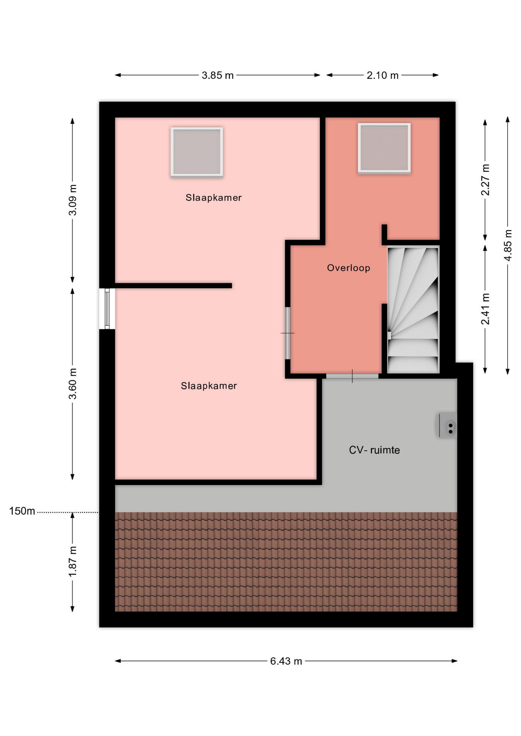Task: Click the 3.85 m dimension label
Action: point(218,76)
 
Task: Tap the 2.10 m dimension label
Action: point(383,76)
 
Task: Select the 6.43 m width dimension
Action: point(286,661)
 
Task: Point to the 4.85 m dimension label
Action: point(508,245)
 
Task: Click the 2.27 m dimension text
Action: point(485,180)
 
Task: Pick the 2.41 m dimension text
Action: point(485,309)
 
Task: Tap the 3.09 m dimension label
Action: point(73,200)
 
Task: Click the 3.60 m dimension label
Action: point(73,384)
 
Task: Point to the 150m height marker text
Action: point(22,511)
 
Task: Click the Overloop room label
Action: point(348,268)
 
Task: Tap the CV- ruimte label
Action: point(374,450)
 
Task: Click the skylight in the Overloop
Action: point(384,148)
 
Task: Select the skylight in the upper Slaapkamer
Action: point(197,152)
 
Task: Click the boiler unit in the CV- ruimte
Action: point(448,426)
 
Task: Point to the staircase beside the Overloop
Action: point(413,310)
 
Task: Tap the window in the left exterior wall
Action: point(107,309)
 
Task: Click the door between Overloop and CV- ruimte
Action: point(352,376)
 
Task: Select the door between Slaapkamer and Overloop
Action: point(288,333)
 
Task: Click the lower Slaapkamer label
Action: point(209,386)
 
